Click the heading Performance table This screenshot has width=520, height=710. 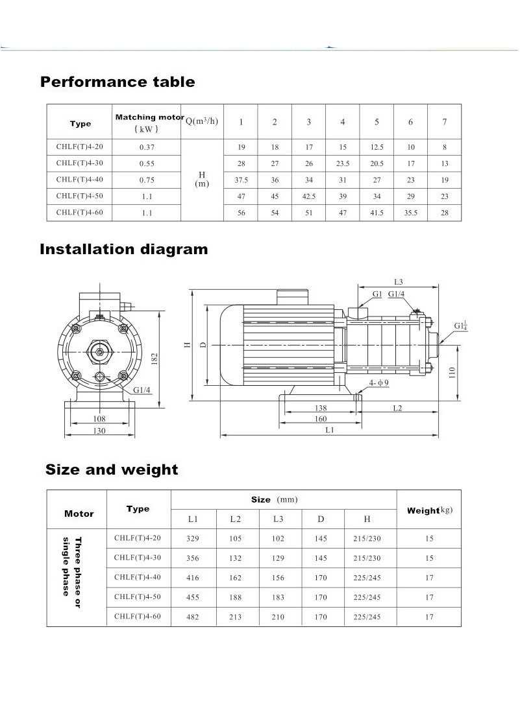tap(118, 82)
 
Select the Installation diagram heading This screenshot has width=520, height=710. tap(124, 250)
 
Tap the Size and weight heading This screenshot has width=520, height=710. tap(112, 470)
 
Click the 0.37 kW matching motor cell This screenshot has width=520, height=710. tap(147, 147)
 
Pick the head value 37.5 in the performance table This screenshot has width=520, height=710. tap(241, 180)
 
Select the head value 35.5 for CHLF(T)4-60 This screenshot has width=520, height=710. tap(410, 213)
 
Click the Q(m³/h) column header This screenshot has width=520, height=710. tap(202, 122)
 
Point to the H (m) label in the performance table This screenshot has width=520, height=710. tap(201, 180)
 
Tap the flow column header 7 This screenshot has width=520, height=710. tap(444, 122)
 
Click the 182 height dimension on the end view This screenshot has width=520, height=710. tap(155, 359)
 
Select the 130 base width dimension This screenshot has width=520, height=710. tap(99, 431)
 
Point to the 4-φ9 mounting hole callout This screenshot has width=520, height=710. tap(378, 384)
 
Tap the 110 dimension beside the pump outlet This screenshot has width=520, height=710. tap(452, 372)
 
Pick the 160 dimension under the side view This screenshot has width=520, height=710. tap(321, 419)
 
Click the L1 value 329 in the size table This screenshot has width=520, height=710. tap(192, 539)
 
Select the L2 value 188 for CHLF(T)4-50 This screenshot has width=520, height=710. tap(235, 597)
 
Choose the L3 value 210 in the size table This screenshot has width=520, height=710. tap(278, 617)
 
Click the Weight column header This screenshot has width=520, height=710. tap(428, 510)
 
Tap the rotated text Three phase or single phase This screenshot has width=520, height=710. tap(73, 566)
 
